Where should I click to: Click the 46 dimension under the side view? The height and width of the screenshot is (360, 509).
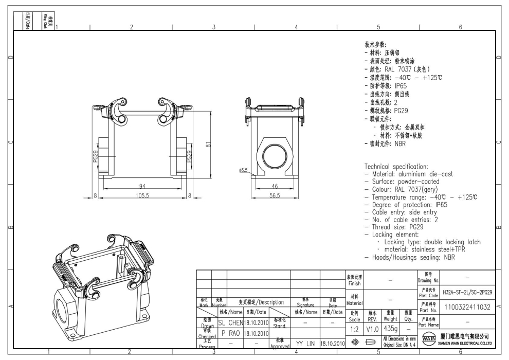[275, 186]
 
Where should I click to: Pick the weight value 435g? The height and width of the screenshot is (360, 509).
[391, 328]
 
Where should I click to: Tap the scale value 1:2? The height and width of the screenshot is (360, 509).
[354, 328]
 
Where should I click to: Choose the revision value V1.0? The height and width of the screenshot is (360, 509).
[373, 328]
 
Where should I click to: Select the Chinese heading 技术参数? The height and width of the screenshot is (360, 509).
[375, 45]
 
